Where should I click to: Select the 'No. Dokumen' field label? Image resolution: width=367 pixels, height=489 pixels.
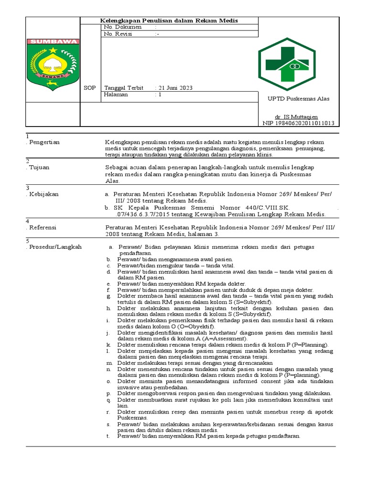(123, 27)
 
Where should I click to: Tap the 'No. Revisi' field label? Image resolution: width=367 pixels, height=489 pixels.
(119, 34)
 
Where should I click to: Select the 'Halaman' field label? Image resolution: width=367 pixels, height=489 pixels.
(116, 95)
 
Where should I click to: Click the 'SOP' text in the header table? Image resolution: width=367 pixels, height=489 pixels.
(89, 88)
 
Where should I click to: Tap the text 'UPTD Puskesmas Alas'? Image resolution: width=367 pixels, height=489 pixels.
(298, 99)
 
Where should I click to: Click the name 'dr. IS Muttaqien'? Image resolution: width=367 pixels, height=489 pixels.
(296, 117)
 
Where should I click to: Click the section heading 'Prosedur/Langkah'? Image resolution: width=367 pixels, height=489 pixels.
(55, 247)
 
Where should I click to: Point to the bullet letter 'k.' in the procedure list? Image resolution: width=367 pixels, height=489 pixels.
(109, 344)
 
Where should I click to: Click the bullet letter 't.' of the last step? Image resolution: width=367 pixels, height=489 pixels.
(108, 436)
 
